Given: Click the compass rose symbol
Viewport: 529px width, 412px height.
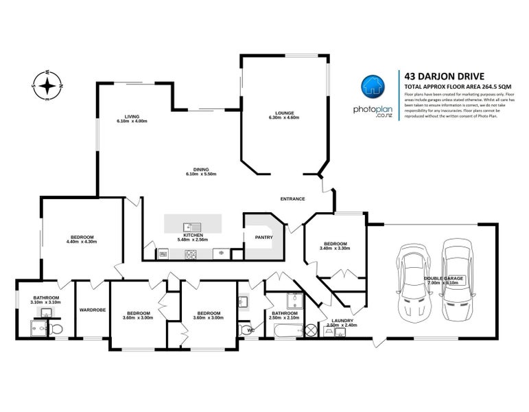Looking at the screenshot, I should point(47,86).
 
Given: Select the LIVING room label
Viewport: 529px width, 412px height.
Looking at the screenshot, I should point(132,117).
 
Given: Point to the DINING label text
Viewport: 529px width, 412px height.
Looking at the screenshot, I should point(201,170).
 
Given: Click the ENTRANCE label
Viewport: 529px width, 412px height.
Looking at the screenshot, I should point(293,198).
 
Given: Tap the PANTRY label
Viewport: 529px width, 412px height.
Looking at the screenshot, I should point(263,238).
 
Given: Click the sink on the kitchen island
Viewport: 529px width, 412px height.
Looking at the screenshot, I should point(191,226).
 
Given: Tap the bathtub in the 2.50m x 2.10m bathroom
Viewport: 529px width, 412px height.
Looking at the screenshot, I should point(283,332).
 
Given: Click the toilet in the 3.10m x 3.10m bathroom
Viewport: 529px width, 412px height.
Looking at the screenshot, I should point(58,331).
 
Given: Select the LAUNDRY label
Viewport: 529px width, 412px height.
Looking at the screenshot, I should point(342,321).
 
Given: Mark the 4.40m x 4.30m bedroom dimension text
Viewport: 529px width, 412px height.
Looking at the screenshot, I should point(82,242).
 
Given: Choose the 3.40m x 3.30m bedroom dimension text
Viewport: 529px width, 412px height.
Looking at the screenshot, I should point(336,249).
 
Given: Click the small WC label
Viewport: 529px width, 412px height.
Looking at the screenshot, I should point(250,330).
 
